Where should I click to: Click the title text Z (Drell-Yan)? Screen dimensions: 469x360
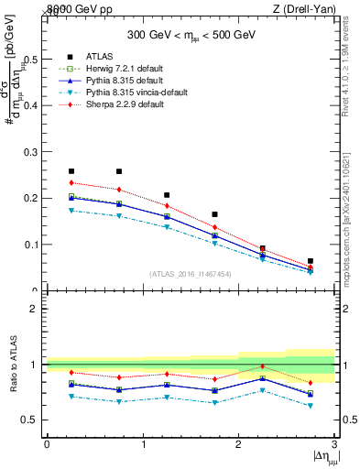click(302, 8)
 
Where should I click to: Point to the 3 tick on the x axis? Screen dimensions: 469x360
click(334, 443)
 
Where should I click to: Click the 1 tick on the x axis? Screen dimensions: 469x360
click(142, 443)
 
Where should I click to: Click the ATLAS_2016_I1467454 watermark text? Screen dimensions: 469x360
click(190, 274)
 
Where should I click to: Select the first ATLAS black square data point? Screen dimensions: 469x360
click(71, 171)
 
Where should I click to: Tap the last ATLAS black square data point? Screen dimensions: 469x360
click(311, 261)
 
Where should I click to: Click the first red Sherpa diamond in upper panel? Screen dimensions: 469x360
click(71, 183)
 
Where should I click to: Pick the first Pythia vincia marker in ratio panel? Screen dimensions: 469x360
click(71, 397)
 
